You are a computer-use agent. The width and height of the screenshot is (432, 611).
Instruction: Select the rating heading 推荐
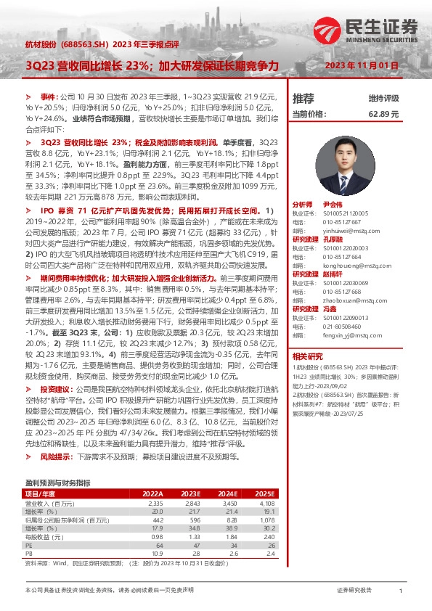(303, 99)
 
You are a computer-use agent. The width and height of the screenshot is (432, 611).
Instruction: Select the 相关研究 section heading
(307, 356)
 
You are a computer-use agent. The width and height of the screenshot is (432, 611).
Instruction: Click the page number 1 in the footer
(401, 592)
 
